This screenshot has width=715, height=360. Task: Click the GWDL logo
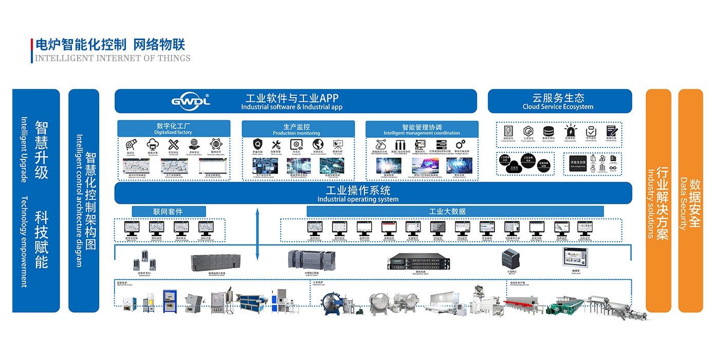point(190,100)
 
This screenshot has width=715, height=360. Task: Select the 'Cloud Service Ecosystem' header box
point(559,101)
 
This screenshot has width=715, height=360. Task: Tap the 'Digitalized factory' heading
point(173,129)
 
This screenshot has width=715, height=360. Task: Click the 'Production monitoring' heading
point(298,129)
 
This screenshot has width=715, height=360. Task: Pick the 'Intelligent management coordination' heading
point(421,129)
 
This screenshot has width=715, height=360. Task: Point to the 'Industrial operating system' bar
point(358,193)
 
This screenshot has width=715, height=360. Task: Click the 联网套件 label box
point(168,211)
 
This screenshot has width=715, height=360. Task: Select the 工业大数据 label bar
point(454,211)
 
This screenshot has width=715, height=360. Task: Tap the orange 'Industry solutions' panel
point(658,201)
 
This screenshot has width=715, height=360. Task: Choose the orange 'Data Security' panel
point(690,201)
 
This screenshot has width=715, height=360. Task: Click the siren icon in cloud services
point(570,131)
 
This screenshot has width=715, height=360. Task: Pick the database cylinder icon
point(548,131)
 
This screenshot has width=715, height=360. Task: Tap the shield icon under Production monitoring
point(258,145)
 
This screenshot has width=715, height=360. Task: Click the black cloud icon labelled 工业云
point(514,166)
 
